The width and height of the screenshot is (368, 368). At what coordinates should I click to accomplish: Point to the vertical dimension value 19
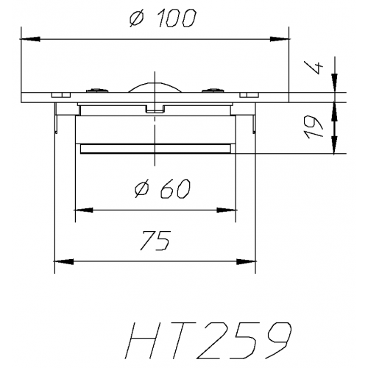tap(316, 127)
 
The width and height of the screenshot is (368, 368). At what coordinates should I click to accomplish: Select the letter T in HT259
tap(184, 339)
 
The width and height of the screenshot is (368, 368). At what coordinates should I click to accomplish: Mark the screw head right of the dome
tap(214, 91)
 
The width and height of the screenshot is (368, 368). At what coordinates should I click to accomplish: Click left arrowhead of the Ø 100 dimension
tap(27, 37)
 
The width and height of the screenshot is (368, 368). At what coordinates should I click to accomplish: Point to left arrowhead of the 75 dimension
tap(61, 260)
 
